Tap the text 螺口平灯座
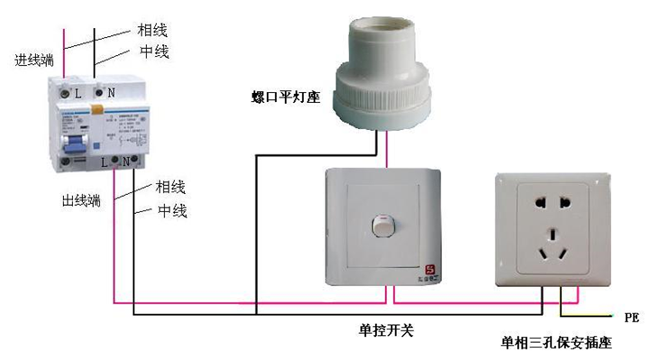[287, 95]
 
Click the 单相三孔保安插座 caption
[557, 344]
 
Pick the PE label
[632, 318]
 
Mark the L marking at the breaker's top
[78, 92]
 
